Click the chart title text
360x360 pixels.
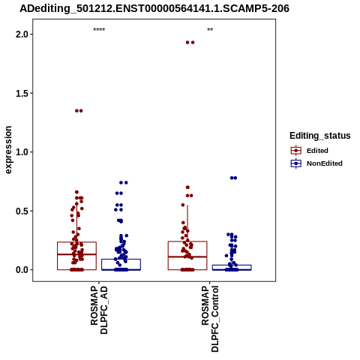154,8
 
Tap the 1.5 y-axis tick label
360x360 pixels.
22,93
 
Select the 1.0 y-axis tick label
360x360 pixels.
22,152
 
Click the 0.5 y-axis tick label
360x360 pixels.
22,211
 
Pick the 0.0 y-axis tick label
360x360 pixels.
22,270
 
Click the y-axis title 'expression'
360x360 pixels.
8,150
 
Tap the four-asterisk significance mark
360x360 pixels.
99,30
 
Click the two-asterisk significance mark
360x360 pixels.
210,30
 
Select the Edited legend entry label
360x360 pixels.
317,151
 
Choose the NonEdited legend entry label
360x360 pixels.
325,163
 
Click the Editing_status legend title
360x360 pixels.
320,136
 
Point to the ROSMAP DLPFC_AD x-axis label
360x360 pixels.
99,310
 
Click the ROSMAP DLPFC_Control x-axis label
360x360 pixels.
210,319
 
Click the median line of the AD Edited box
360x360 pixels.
76,254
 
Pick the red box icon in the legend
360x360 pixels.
296,151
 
